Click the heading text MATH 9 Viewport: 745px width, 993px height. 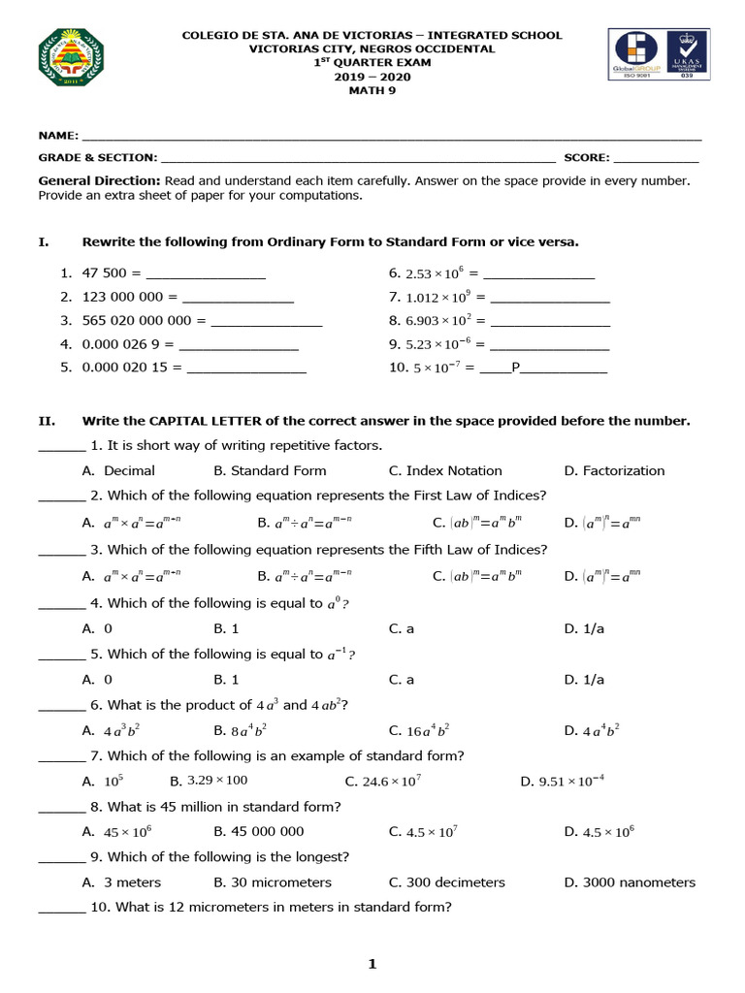click(372, 91)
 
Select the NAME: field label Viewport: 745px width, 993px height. click(58, 137)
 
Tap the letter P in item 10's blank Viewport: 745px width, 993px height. click(516, 368)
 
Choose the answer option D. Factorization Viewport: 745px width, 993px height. click(614, 470)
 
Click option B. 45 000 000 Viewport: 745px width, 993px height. click(258, 831)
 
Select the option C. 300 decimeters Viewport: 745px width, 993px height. click(446, 882)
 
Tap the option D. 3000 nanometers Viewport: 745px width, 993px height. click(630, 882)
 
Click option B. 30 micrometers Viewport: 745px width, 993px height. click(272, 882)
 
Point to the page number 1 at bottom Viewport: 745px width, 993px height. click(372, 963)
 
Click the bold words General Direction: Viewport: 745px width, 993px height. click(99, 180)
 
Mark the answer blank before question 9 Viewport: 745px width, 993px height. click(61, 857)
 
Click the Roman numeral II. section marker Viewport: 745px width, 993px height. click(46, 421)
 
